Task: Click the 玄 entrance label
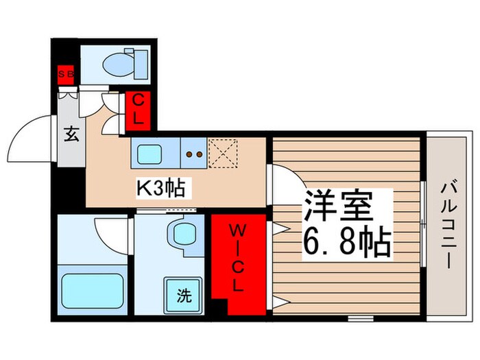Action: pos(71,134)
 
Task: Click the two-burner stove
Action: pos(193,154)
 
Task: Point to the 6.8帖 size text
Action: pos(347,241)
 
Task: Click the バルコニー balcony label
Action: pos(448,224)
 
